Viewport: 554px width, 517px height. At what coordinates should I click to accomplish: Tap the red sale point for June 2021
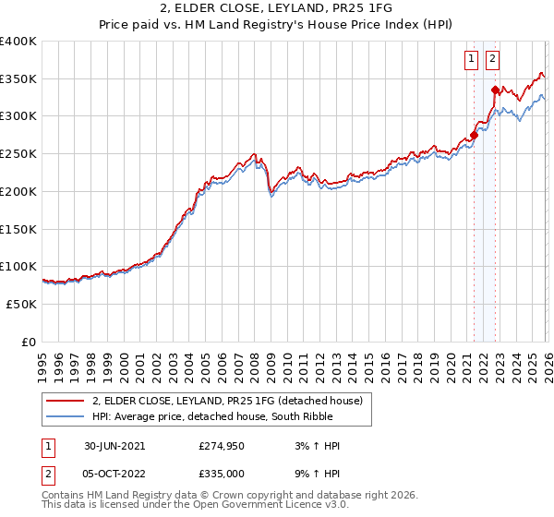(474, 135)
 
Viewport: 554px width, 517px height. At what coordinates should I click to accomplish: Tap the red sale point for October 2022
(495, 90)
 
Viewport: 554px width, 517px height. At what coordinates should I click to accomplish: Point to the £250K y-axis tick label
(18, 154)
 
